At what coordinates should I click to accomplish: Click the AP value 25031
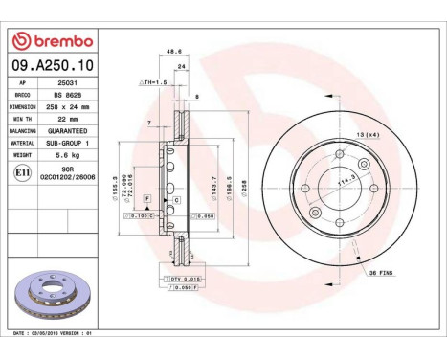pos(66,84)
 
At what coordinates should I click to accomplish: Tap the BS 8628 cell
pos(66,96)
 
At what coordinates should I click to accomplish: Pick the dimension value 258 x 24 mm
pos(66,107)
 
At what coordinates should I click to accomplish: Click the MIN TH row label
pos(24,119)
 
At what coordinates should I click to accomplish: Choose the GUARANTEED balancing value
pos(66,130)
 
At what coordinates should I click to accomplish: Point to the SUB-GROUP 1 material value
pos(66,142)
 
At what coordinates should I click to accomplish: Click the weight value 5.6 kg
pos(66,153)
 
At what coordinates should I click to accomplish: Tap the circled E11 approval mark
pos(23,171)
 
